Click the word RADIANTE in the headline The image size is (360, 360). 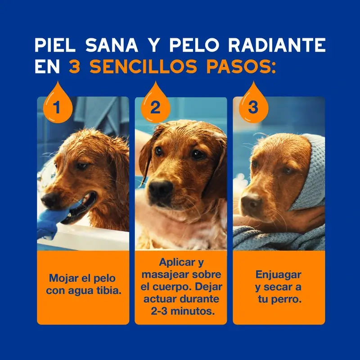277,45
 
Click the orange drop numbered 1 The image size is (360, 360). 57,104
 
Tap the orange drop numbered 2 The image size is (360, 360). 155,104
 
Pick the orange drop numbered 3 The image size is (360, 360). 253,104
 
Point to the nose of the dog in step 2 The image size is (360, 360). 160,188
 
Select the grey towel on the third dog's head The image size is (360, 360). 310,175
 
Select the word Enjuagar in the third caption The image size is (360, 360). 278,274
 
